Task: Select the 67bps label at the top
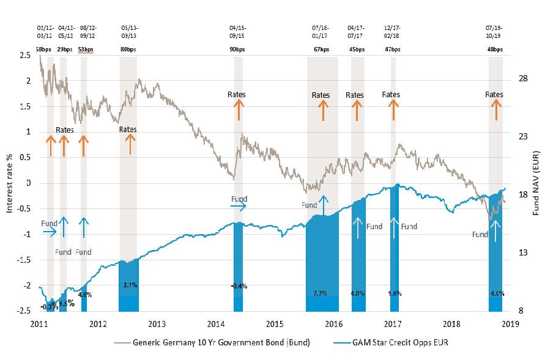coord(322,49)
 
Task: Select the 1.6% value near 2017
coord(395,293)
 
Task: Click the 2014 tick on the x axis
coord(216,323)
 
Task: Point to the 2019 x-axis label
coord(510,323)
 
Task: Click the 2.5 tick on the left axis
coord(24,56)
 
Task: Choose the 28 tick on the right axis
coord(524,78)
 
